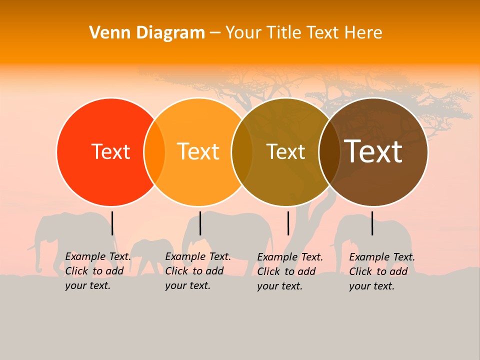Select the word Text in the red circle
click(x=110, y=151)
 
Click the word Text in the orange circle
click(x=198, y=151)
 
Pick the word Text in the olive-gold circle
click(x=285, y=151)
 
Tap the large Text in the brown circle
click(x=373, y=151)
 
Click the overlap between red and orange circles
click(x=154, y=152)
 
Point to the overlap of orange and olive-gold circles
click(x=242, y=152)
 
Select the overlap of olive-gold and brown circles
click(x=329, y=152)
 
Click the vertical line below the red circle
click(x=112, y=223)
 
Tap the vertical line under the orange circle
click(x=200, y=223)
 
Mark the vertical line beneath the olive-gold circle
click(x=288, y=223)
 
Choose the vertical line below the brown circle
click(x=372, y=223)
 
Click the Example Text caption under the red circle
click(x=97, y=271)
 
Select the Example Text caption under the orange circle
click(x=197, y=271)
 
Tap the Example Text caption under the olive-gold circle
click(x=289, y=271)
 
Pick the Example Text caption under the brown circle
click(x=381, y=271)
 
